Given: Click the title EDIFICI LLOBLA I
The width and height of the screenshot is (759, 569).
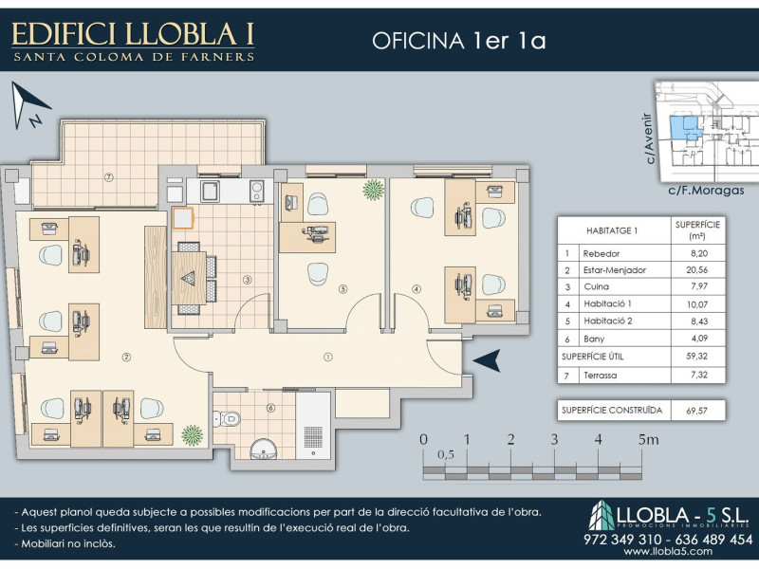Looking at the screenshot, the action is (133, 34).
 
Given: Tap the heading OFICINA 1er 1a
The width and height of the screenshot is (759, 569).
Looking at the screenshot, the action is (459, 41).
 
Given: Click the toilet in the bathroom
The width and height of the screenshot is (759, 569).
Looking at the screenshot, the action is (226, 418).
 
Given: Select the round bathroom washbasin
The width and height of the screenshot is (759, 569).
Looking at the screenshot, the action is (264, 449).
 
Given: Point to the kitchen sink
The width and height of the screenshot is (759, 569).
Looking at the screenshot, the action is (210, 192).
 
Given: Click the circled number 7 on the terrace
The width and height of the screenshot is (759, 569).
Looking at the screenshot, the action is (109, 177).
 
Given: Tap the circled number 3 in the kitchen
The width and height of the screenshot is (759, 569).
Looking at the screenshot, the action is (247, 279).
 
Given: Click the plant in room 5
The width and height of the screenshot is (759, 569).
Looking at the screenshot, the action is (374, 189).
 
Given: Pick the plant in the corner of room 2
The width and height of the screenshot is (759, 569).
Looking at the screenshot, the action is (193, 435).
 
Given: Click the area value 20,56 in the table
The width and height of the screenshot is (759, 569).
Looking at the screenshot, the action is (697, 270).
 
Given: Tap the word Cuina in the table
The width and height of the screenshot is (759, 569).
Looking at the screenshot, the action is (597, 286).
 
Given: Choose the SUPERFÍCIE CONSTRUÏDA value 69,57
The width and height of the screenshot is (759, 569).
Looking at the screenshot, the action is (696, 411).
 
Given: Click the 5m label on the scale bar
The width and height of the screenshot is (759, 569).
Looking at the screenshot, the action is (648, 439).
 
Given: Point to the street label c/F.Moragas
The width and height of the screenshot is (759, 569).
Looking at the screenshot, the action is (706, 191).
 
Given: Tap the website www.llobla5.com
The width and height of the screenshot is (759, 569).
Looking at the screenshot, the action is (668, 551).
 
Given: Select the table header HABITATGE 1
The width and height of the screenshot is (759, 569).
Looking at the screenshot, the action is (611, 230).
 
